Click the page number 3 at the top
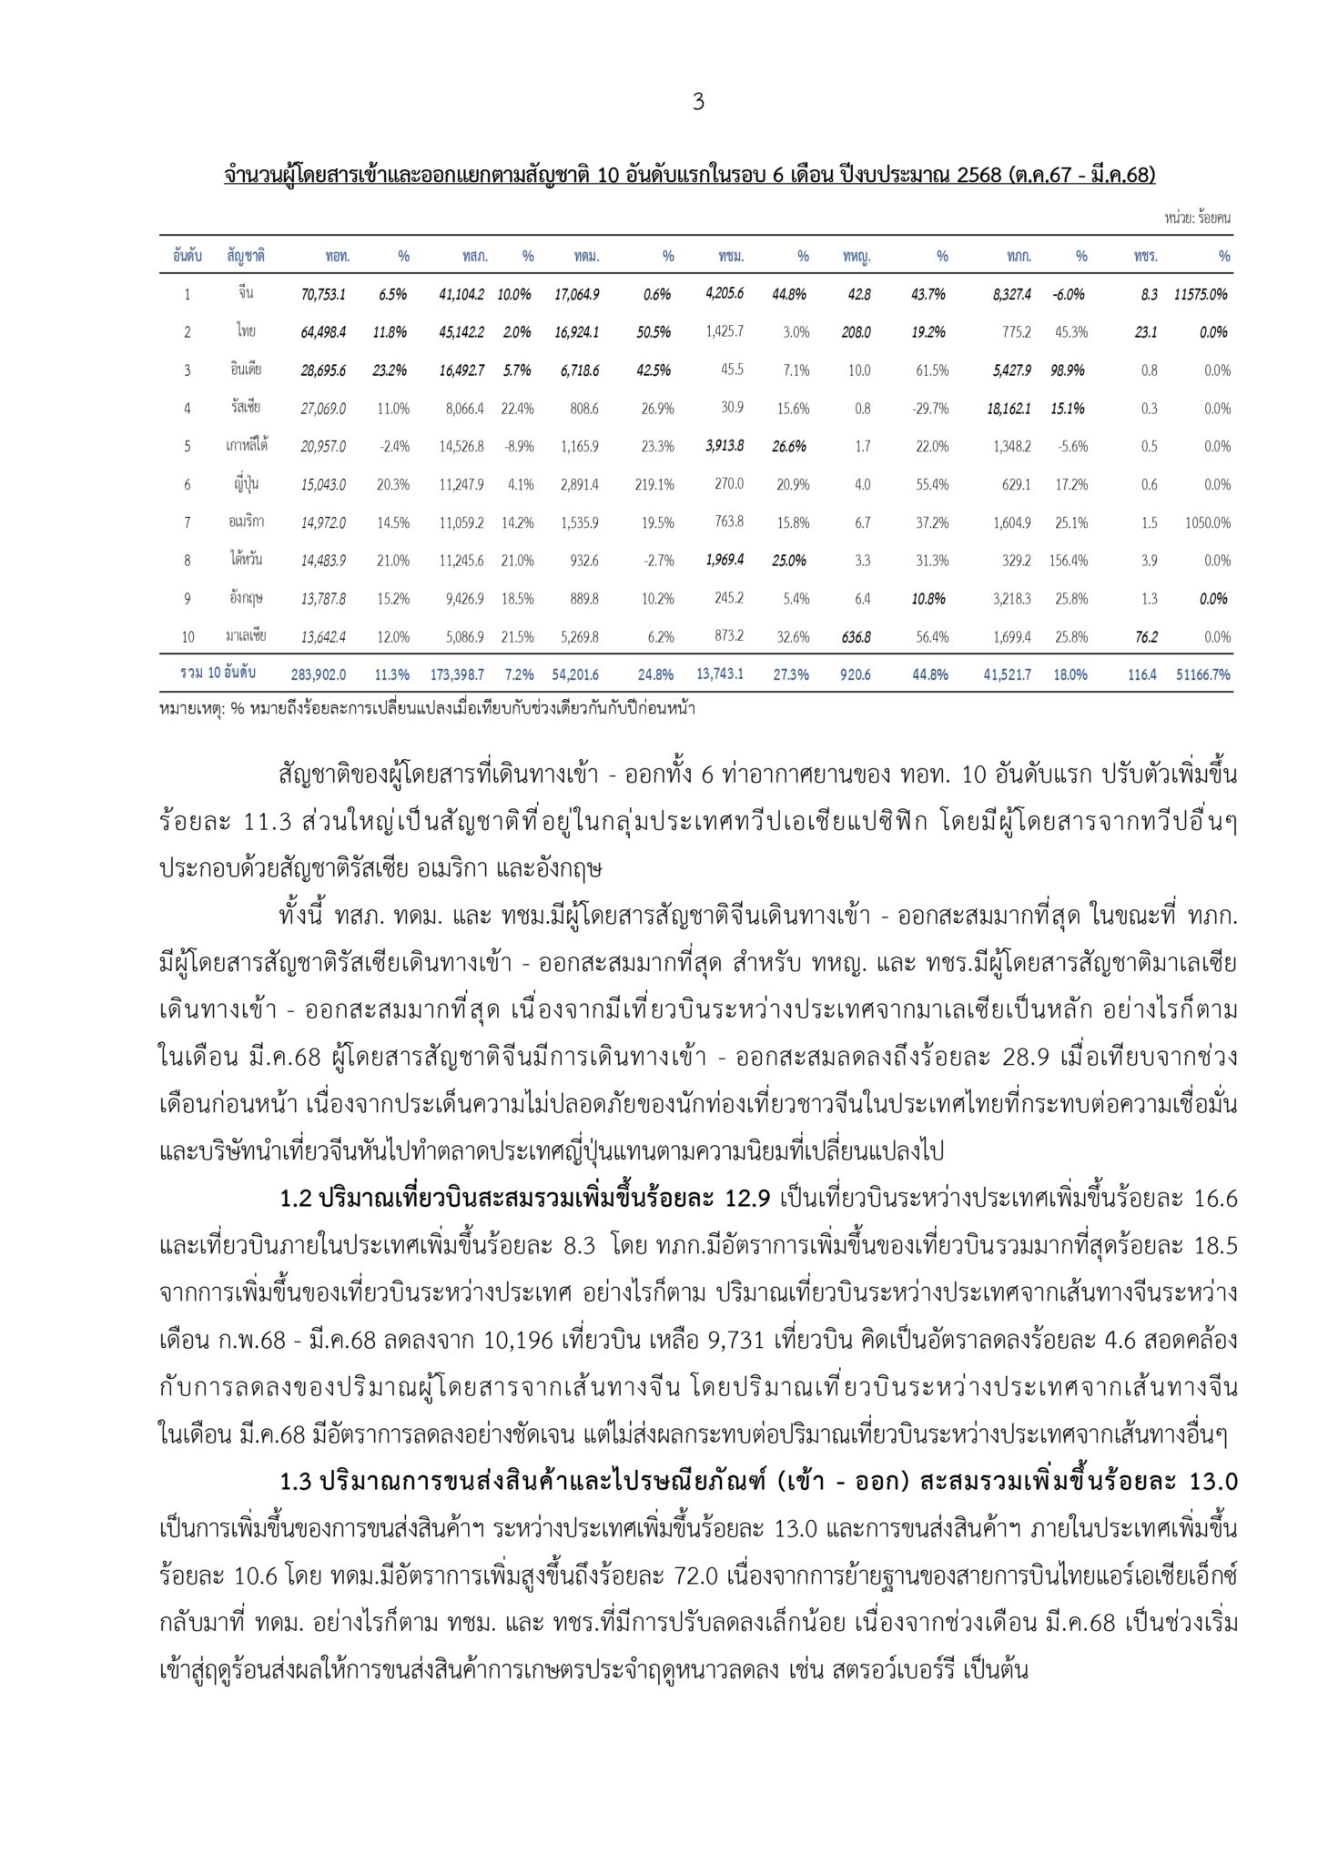point(698,102)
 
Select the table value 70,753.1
point(323,294)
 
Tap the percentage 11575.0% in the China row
point(1201,294)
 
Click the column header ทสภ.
point(475,257)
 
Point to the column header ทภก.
point(1019,257)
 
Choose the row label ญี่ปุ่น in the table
point(245,484)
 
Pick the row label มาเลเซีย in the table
point(246,636)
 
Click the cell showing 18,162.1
point(1009,409)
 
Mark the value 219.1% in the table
point(654,484)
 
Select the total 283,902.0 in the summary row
point(319,674)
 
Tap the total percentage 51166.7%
point(1202,674)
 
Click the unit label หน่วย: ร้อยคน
point(1197,218)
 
